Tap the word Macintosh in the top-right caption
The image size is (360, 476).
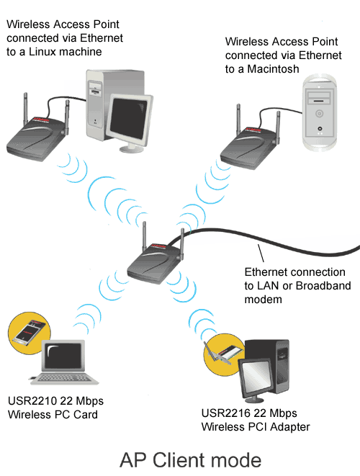tap(273, 69)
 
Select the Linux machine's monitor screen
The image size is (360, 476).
tap(128, 119)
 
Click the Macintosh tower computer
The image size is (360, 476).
tap(320, 112)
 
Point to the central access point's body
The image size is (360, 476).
tap(155, 263)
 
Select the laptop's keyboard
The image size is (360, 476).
tap(64, 377)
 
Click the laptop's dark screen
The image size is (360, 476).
tap(63, 356)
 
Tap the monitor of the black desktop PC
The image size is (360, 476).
tap(254, 377)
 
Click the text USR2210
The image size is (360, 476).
tap(32, 401)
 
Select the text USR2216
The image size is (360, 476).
tap(226, 413)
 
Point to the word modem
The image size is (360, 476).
tap(263, 300)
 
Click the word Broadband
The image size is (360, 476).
tap(323, 286)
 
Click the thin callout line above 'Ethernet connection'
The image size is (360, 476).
tap(261, 253)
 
